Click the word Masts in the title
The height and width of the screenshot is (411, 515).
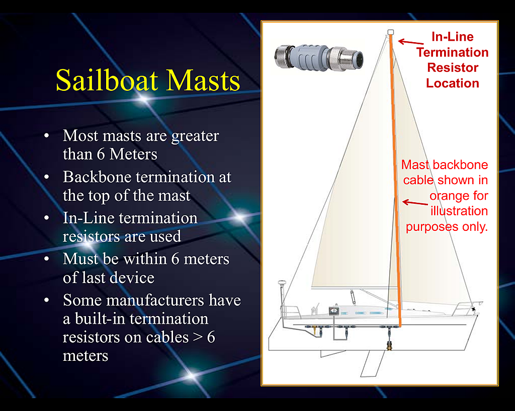203,80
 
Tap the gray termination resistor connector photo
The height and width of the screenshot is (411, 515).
318,58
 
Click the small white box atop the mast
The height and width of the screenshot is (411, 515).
390,32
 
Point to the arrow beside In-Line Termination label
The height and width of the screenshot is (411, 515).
411,42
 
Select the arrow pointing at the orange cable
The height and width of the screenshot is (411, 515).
415,203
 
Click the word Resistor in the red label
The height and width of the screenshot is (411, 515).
453,68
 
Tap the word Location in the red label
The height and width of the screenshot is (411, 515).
453,83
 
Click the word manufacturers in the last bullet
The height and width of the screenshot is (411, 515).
155,300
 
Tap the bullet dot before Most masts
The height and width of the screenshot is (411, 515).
47,135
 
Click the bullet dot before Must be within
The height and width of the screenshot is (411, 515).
47,259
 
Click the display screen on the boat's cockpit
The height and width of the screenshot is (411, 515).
334,311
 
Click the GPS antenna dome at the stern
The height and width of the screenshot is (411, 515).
282,282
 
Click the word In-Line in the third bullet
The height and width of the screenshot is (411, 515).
89,218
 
